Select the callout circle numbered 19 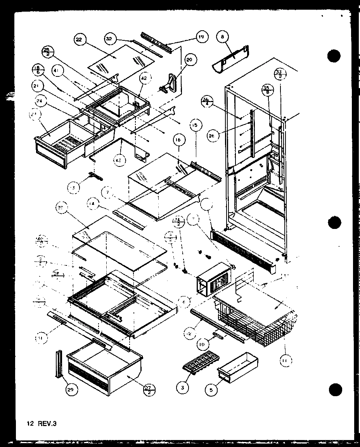click(x=201, y=37)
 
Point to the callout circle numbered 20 click(x=190, y=60)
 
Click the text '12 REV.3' click(x=40, y=423)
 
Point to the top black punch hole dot click(x=334, y=57)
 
